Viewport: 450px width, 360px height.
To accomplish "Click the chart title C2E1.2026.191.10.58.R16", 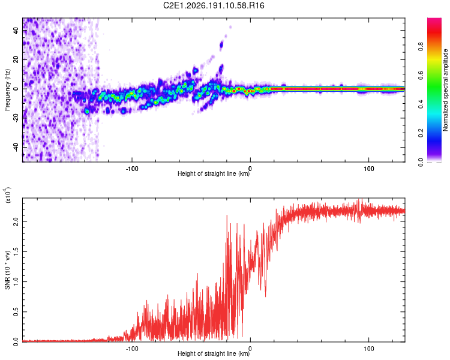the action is pos(214,5).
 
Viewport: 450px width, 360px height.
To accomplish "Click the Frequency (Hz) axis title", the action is pos(7,90).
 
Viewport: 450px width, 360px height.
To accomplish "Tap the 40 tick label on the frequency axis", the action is pos(16,31).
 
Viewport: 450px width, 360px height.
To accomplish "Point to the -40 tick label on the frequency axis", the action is pos(16,148).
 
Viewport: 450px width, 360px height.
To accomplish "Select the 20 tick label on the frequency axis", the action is pos(16,60).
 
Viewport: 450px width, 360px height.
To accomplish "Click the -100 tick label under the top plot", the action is pos(132,169).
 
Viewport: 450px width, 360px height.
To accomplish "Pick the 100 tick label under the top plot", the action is pos(369,169).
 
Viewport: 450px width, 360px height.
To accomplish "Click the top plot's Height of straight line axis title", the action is pos(214,173).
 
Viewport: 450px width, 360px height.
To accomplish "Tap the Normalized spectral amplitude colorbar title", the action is pos(445,90).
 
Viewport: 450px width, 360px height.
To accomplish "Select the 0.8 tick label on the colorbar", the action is pos(421,46).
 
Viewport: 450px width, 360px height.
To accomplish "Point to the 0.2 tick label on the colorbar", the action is pos(421,133).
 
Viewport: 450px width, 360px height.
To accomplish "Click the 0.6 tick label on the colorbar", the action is pos(421,75).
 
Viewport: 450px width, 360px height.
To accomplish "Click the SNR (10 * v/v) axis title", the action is pos(7,270).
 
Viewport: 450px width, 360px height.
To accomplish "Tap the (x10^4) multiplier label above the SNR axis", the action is pos(8,195).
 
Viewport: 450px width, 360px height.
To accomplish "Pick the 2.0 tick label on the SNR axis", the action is pos(16,221).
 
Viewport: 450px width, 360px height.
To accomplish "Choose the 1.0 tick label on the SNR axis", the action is pos(16,281).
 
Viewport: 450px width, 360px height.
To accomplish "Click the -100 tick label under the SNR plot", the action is pos(132,349).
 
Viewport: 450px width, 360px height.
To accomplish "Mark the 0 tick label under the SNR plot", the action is pos(250,349).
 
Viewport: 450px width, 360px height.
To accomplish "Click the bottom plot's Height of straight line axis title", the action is pos(214,353).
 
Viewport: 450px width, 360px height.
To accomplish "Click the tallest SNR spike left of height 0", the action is pos(227,215).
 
